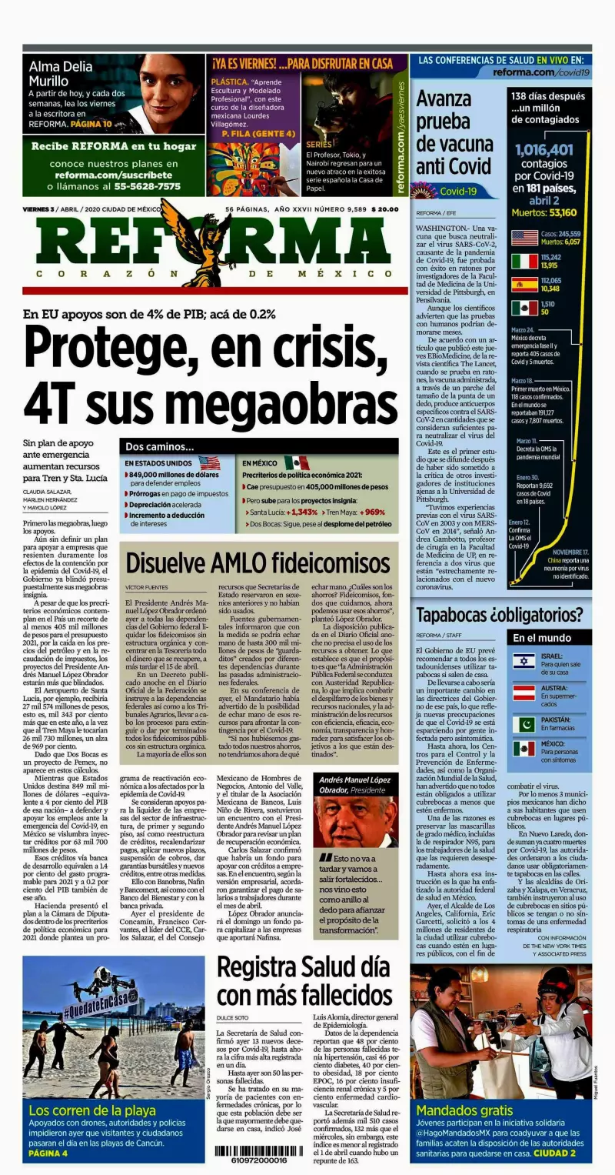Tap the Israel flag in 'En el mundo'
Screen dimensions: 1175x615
click(x=524, y=661)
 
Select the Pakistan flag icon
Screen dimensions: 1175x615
click(x=524, y=725)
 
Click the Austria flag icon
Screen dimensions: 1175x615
click(x=524, y=693)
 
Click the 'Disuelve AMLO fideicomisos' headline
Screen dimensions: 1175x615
click(x=258, y=562)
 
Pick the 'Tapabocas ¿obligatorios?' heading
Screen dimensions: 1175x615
click(x=500, y=615)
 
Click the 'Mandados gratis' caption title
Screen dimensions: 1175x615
click(x=464, y=1110)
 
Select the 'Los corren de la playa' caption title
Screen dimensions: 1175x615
click(x=92, y=1110)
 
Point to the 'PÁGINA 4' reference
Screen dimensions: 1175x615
click(x=48, y=1153)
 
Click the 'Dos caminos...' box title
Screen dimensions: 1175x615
click(x=161, y=446)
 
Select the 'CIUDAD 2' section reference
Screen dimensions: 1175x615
click(x=555, y=1153)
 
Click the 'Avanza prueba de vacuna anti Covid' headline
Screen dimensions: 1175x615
click(x=454, y=132)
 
